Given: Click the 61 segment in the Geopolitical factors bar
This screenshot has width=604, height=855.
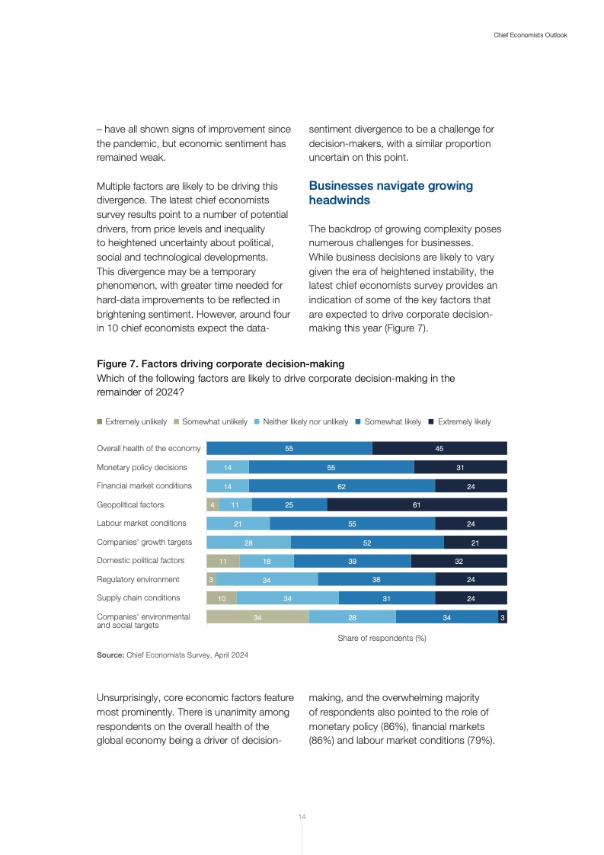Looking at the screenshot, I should tap(417, 504).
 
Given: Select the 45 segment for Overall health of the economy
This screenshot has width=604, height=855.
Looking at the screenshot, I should tap(439, 449).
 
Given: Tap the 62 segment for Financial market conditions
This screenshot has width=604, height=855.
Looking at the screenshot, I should tap(342, 486).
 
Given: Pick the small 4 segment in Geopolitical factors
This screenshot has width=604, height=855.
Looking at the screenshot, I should tap(213, 504).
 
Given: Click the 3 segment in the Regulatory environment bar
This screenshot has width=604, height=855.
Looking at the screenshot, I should tap(211, 580).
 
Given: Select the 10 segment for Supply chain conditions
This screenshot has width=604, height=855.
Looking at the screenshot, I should tap(222, 598).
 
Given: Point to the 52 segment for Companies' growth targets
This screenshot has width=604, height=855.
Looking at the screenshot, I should tap(367, 542).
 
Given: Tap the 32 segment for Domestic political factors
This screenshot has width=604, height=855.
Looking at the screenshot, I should tap(459, 561).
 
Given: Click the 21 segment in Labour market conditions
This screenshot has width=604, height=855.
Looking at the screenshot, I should tap(238, 524).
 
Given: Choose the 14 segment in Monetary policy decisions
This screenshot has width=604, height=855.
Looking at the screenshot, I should tap(228, 467).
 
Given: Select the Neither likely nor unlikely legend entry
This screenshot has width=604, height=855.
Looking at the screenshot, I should tap(305, 422).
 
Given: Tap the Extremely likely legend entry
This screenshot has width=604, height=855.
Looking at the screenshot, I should tap(464, 422).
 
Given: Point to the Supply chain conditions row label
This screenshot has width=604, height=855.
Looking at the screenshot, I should tap(139, 598).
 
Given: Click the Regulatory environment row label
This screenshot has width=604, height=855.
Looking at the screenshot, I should tap(138, 580).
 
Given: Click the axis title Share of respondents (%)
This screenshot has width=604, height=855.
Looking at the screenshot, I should tap(382, 638).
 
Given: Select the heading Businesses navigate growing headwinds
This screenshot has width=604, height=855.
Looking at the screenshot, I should tap(391, 193).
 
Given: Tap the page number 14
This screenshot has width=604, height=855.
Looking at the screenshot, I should tap(302, 817).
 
